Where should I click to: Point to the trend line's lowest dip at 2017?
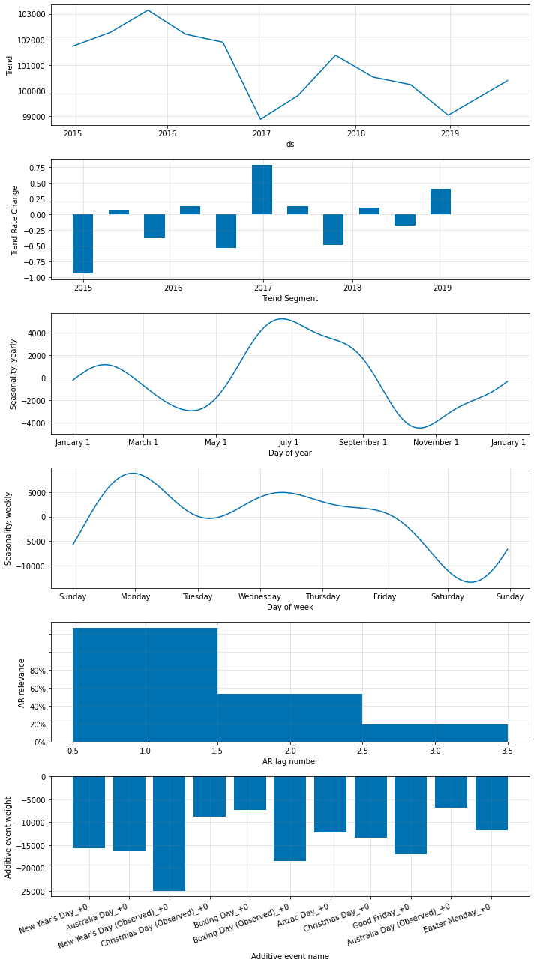(x=261, y=119)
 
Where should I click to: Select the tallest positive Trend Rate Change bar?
(x=262, y=190)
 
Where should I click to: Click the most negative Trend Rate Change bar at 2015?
(x=82, y=243)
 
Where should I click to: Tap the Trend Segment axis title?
(x=289, y=299)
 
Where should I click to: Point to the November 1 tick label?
(x=436, y=442)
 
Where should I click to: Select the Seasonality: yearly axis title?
(x=13, y=373)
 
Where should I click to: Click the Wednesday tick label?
(x=260, y=596)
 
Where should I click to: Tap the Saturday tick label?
(x=448, y=596)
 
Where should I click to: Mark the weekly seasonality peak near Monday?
(x=133, y=474)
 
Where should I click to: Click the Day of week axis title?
(x=289, y=607)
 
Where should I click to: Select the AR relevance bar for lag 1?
(x=145, y=685)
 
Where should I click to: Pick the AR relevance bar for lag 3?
(x=435, y=733)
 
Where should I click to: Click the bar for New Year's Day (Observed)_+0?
(x=169, y=833)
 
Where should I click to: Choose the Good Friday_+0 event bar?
(x=410, y=815)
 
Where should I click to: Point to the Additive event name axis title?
(x=289, y=956)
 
